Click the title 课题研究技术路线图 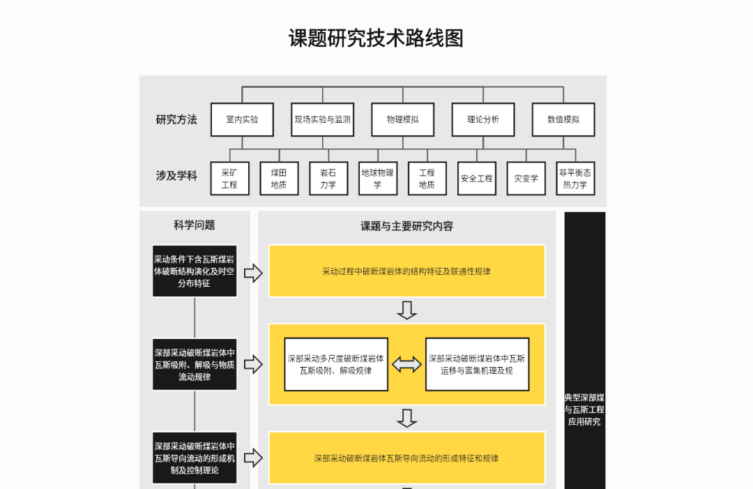click(x=376, y=38)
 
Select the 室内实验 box click(x=242, y=119)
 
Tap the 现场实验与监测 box click(x=322, y=119)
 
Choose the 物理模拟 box click(x=403, y=119)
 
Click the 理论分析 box click(x=483, y=119)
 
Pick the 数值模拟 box click(x=563, y=119)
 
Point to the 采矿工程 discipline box click(x=229, y=179)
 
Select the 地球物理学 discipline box click(x=377, y=179)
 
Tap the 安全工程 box click(x=476, y=179)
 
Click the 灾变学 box click(x=526, y=179)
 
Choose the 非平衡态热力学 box click(x=575, y=179)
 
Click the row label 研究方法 click(x=176, y=119)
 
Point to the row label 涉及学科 click(x=176, y=176)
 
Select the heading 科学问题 click(x=195, y=225)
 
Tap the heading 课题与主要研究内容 click(x=406, y=226)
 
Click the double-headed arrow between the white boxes click(x=406, y=364)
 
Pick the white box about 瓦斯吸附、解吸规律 click(x=335, y=364)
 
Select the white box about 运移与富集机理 click(x=477, y=364)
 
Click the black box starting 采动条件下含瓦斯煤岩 click(x=195, y=271)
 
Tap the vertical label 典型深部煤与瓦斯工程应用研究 click(x=584, y=409)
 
